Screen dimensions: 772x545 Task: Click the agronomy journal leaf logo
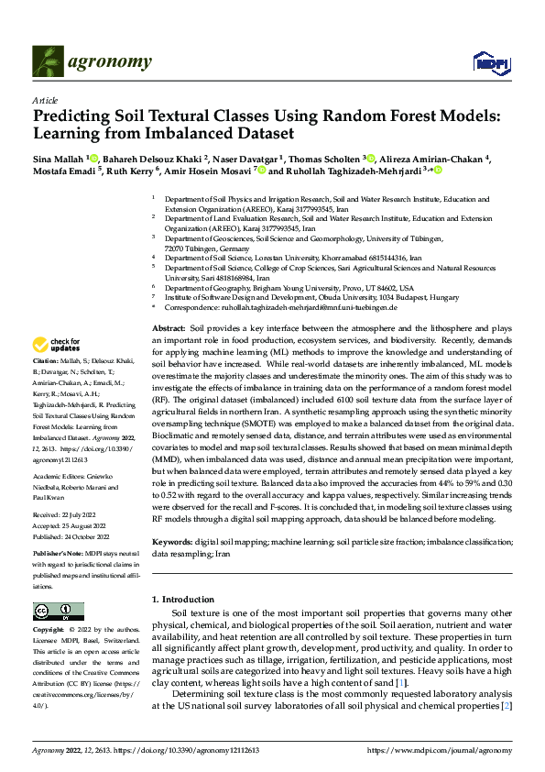[48, 61]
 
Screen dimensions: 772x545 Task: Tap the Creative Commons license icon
[53, 611]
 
